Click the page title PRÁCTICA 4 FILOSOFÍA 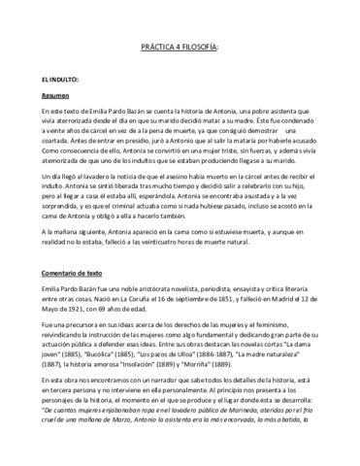pyautogui.click(x=180, y=48)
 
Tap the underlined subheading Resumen pyautogui.click(x=56, y=96)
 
